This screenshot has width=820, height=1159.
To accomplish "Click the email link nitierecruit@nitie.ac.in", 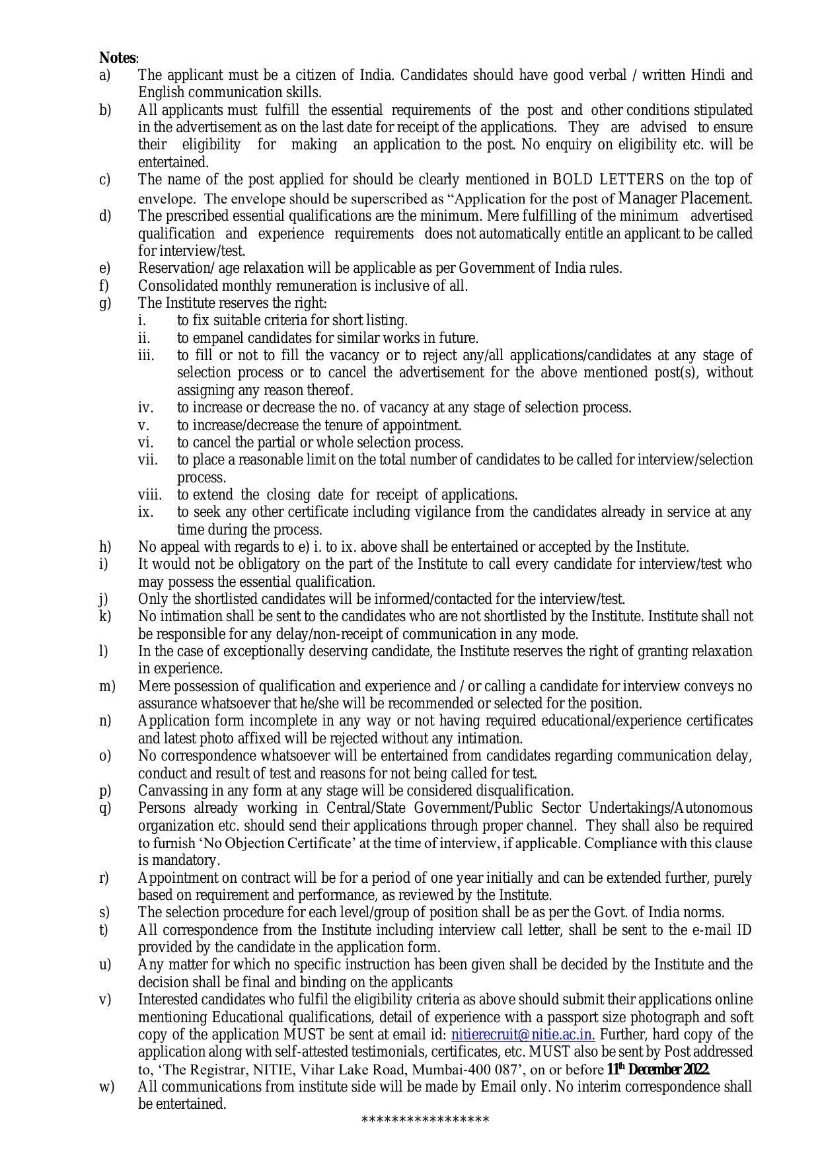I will (x=523, y=1035).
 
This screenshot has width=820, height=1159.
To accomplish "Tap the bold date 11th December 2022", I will (x=657, y=1070).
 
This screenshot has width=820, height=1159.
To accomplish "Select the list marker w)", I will (x=106, y=1087).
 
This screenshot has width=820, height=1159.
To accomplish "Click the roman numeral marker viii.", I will (x=149, y=495).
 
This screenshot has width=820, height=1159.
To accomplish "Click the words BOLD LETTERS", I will (x=608, y=180).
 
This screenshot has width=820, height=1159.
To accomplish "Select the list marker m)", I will (x=107, y=687).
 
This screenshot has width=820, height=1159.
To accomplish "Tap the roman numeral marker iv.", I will (x=145, y=408).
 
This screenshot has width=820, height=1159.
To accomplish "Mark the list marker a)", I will (x=105, y=75).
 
